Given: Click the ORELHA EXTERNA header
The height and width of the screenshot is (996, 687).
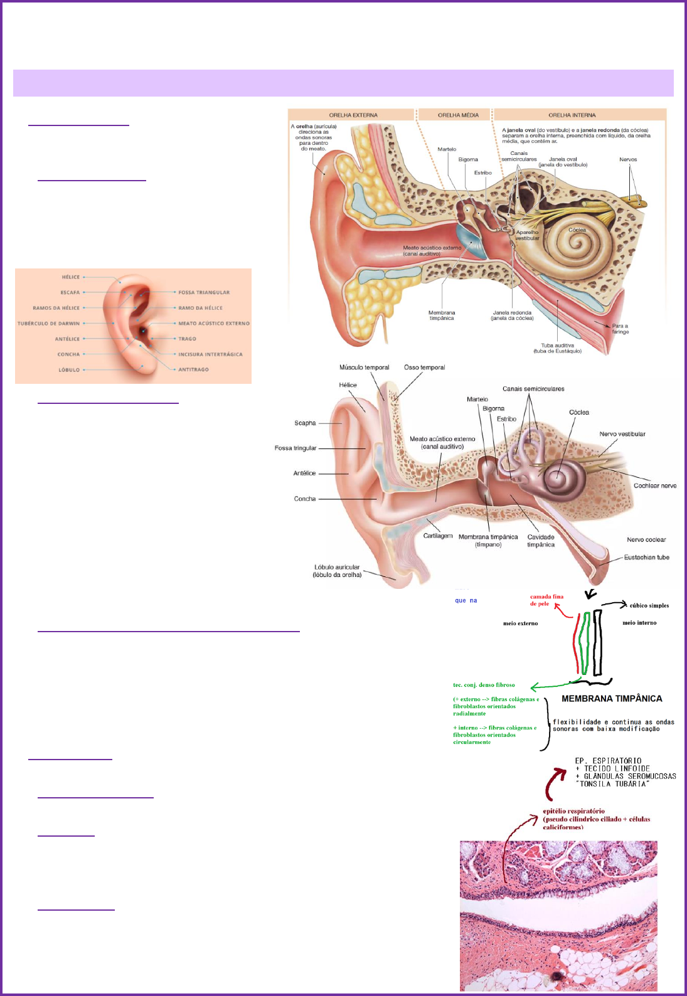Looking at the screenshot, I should coord(353,115).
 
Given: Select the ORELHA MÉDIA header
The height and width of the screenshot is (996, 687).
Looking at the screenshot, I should coord(458,115).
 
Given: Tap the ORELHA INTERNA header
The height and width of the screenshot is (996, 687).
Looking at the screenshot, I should coord(572,115).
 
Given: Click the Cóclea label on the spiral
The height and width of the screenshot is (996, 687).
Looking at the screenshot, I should coord(577,230).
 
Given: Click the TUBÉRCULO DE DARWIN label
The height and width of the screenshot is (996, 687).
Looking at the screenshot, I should coord(49,324).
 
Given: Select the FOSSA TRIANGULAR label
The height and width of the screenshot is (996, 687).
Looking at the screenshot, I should coord(204,292).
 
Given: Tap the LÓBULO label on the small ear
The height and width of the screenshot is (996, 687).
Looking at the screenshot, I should coord(69,370).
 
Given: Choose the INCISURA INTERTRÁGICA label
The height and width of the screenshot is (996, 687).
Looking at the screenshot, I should coord(210,354).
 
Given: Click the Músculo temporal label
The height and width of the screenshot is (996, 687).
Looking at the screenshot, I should coord(364,368).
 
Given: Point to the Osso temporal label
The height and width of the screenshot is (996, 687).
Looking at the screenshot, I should coord(424,368).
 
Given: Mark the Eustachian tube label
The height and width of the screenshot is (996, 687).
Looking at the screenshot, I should coord(646,557).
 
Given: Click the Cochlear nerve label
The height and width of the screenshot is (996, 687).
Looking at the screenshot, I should coord(654,485).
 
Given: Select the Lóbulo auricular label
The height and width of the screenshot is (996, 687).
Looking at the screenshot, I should coord(337,571).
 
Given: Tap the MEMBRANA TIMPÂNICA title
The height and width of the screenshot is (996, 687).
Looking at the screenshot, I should coord(612,699).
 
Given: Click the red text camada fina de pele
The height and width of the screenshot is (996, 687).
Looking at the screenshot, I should coord(546,600).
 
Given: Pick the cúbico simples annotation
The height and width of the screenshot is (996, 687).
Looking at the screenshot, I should coord(649,605).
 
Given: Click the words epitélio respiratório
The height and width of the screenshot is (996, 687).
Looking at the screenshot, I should coord(573,811).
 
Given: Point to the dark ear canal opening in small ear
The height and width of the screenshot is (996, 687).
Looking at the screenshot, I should coord(144,331).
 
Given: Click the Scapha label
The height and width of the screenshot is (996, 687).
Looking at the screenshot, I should coord(305,423).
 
